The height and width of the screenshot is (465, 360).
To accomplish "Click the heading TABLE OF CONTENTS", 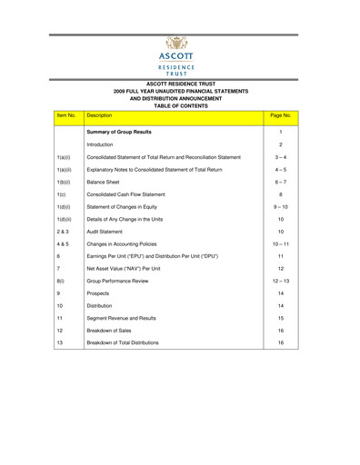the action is [x=180, y=105].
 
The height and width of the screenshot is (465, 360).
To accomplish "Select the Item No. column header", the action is [x=66, y=116].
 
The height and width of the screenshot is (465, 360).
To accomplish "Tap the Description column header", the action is [x=99, y=116].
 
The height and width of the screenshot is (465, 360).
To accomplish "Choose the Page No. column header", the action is [x=281, y=116].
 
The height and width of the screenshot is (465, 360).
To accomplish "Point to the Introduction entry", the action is [x=101, y=144].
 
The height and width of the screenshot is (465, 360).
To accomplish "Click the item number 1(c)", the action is [x=60, y=194].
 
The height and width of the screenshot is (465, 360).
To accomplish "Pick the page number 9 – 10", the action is [x=281, y=207].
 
